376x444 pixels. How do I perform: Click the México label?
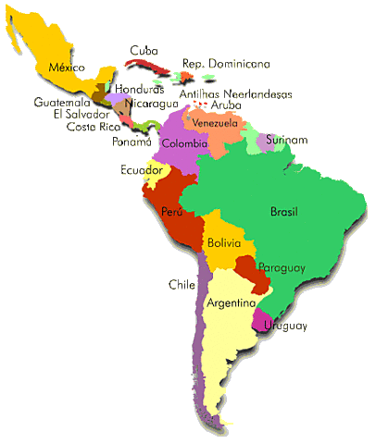66,68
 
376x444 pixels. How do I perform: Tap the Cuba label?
144,50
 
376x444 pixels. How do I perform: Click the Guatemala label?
62,103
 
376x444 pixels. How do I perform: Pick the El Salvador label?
81,115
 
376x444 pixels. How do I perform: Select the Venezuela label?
216,122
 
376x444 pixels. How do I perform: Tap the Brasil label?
283,212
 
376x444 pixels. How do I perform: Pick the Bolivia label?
224,243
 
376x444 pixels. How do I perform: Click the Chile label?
182,284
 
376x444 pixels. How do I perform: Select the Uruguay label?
285,326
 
